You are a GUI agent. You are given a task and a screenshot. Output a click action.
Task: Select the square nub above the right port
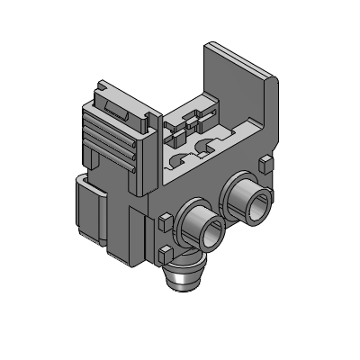[x=263, y=164]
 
